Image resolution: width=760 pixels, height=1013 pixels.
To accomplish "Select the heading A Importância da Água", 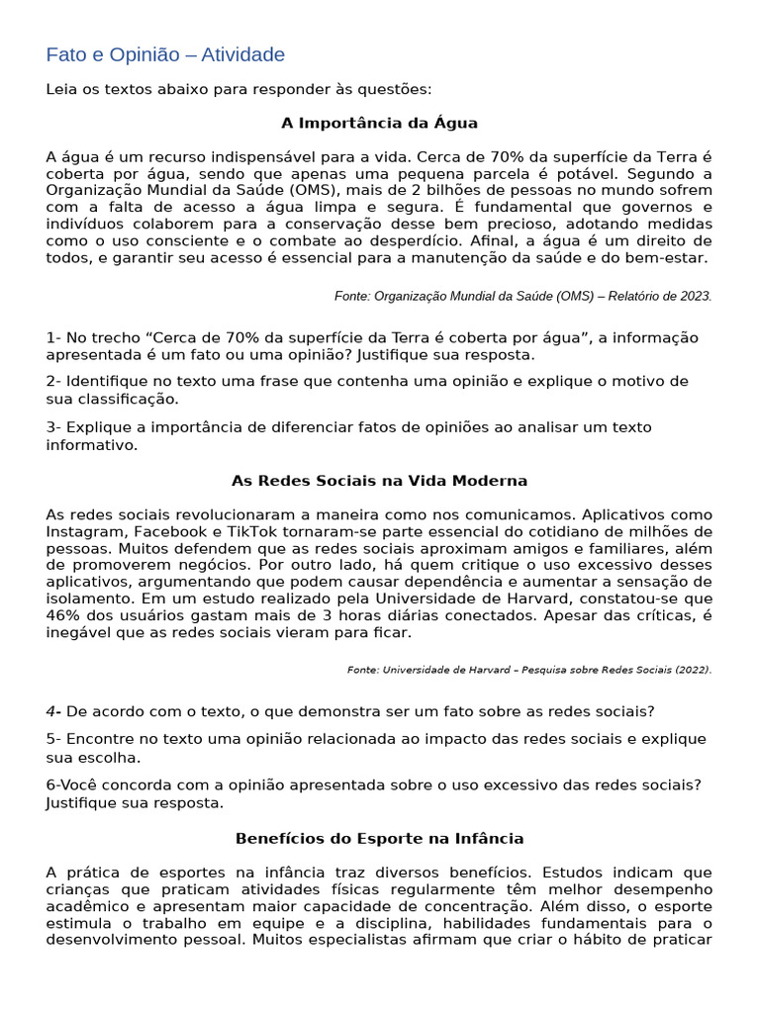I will coord(379,124).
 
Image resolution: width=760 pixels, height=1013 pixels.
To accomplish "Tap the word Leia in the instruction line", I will coord(62,90).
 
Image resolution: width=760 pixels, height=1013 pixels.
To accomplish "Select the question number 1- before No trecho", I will coord(53,338).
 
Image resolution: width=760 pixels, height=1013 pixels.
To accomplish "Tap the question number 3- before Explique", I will coord(53,427).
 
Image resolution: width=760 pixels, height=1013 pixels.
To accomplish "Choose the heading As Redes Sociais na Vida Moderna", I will coord(379,481).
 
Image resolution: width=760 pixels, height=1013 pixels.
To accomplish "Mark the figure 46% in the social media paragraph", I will coord(62,615).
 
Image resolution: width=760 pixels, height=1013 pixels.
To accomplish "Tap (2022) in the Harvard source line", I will coord(693,670).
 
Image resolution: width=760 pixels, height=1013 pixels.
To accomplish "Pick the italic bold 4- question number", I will coord(53,711).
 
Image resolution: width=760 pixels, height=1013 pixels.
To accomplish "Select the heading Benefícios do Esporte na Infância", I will coord(379,839).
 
